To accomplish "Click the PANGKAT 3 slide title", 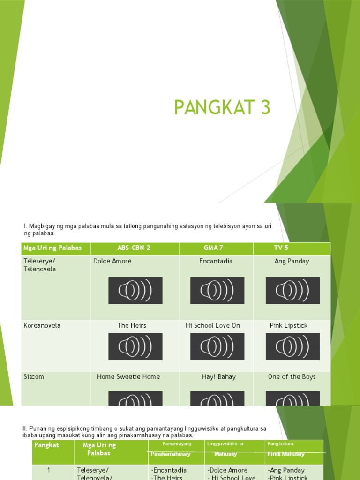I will click(222, 107).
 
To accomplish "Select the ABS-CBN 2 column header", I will click(134, 248).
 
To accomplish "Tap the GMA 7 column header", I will click(213, 248).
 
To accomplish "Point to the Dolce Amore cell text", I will click(112, 261).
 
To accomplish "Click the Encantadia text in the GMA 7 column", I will click(216, 261).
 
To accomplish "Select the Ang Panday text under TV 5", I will click(292, 261).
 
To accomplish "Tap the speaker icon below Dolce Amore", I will click(135, 290).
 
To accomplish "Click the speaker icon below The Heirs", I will click(135, 346).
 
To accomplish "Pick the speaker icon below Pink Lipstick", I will click(292, 346).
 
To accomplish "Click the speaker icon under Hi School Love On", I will click(217, 346).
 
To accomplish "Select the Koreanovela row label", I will click(42, 325).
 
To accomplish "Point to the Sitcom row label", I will click(34, 377).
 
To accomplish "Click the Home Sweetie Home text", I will click(128, 377).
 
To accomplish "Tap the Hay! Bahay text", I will click(218, 377).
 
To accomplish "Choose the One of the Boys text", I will click(292, 377).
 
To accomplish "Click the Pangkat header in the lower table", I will click(47, 445).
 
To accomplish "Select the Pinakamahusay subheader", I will click(171, 454).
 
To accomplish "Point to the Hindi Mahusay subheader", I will click(286, 454).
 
